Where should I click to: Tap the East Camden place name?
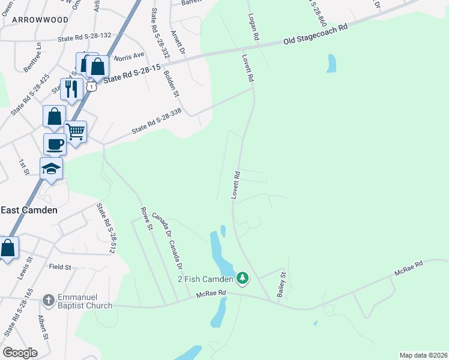click(29, 210)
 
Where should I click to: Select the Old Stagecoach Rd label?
click(316, 35)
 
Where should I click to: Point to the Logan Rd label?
click(253, 28)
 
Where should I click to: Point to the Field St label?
click(60, 266)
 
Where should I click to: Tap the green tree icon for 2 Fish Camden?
click(242, 278)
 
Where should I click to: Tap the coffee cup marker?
click(55, 144)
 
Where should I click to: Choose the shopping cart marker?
click(76, 131)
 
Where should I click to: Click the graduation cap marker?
click(52, 168)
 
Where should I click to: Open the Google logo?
click(20, 353)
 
